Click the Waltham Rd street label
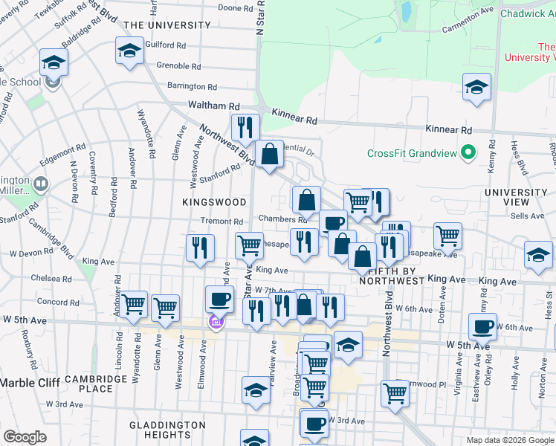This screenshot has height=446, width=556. pyautogui.click(x=213, y=106)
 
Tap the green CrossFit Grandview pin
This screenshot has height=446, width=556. pyautogui.click(x=468, y=154)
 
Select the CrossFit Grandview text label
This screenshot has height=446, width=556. pyautogui.click(x=412, y=154)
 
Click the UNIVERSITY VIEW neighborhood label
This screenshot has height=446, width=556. pyautogui.click(x=515, y=197)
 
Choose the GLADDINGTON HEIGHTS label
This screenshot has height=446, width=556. pyautogui.click(x=167, y=430)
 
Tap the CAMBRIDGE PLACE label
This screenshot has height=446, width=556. pyautogui.click(x=95, y=384)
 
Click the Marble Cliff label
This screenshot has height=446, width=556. pyautogui.click(x=28, y=383)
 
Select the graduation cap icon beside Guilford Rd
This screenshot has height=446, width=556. pyautogui.click(x=129, y=51)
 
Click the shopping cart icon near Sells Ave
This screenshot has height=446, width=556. pyautogui.click(x=447, y=236)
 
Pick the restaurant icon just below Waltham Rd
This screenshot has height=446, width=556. pyautogui.click(x=245, y=127)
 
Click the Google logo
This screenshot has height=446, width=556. pyautogui.click(x=25, y=437)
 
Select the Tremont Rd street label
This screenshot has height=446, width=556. pyautogui.click(x=222, y=222)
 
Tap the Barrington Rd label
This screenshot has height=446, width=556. pyautogui.click(x=191, y=86)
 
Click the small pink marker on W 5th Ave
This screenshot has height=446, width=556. pyautogui.click(x=216, y=323)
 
